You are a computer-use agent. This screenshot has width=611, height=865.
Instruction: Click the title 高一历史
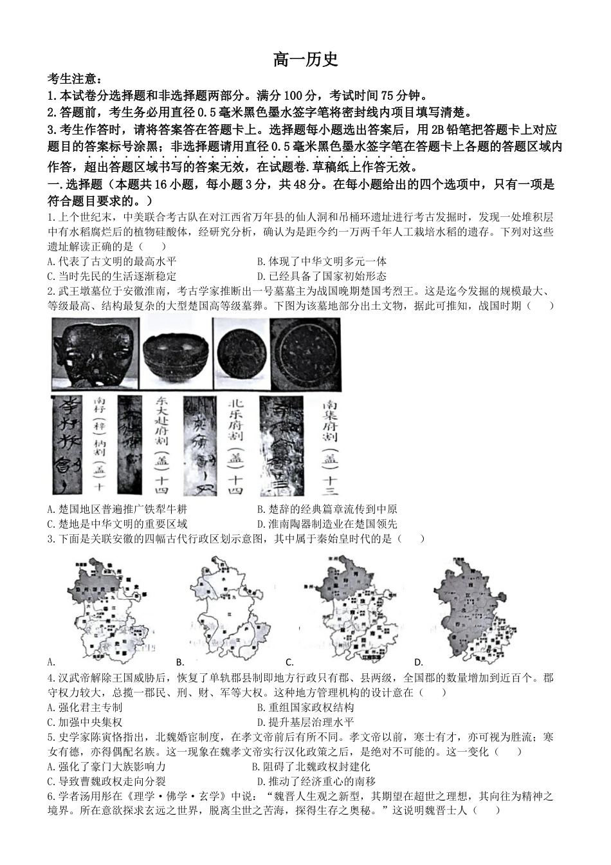[x=305, y=60]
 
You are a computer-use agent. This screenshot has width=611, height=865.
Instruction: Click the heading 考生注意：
[x=74, y=79]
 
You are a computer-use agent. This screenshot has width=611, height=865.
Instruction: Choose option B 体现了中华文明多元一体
[x=322, y=261]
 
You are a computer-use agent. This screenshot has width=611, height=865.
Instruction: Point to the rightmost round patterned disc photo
[x=309, y=354]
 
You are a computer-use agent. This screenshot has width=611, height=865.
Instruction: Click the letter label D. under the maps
[x=418, y=662]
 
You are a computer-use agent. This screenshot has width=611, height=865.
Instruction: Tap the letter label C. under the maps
[x=289, y=662]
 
